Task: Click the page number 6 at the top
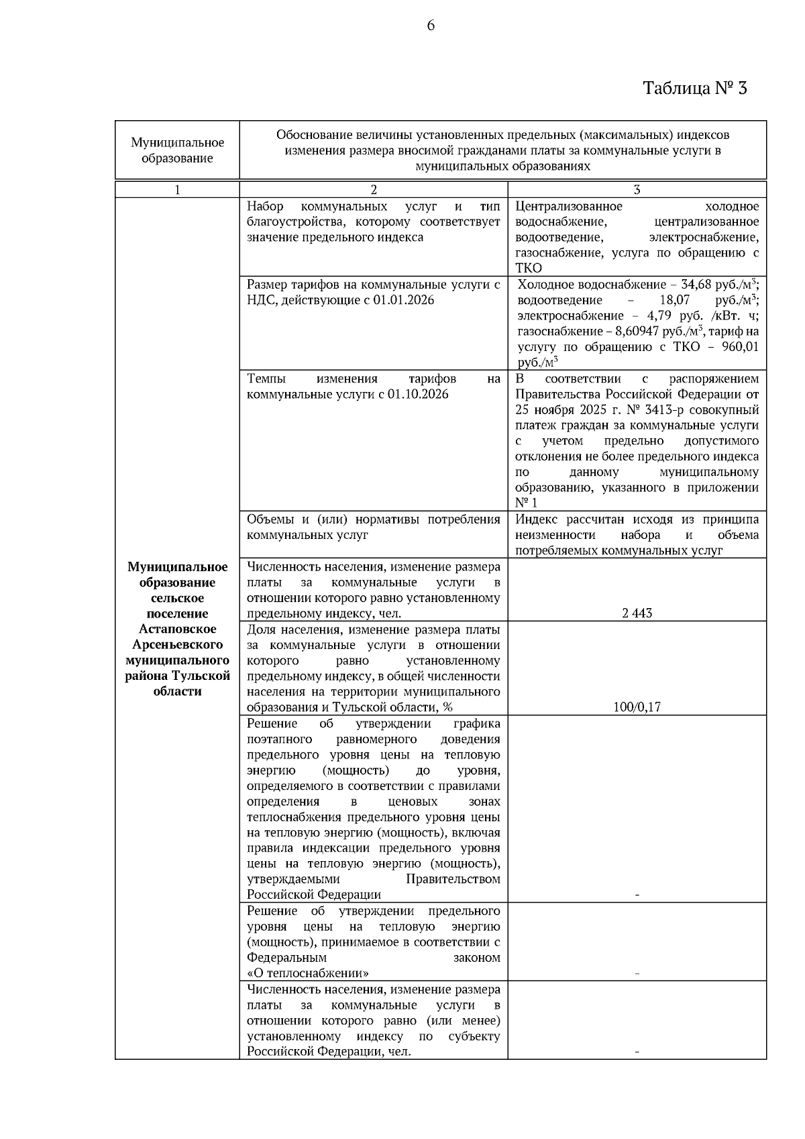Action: [x=430, y=26]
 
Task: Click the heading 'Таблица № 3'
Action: [x=694, y=88]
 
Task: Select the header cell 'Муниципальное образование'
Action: [x=177, y=150]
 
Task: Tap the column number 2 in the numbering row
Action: [x=374, y=189]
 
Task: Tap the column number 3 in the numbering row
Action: [x=637, y=189]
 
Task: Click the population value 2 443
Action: [x=637, y=613]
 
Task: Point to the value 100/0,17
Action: [x=637, y=707]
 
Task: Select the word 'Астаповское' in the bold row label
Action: [x=177, y=629]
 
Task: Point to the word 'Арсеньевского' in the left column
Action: [x=177, y=644]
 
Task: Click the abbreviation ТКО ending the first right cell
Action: [x=529, y=268]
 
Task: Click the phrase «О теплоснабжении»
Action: [x=308, y=973]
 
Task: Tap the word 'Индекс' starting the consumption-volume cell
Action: [x=537, y=519]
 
